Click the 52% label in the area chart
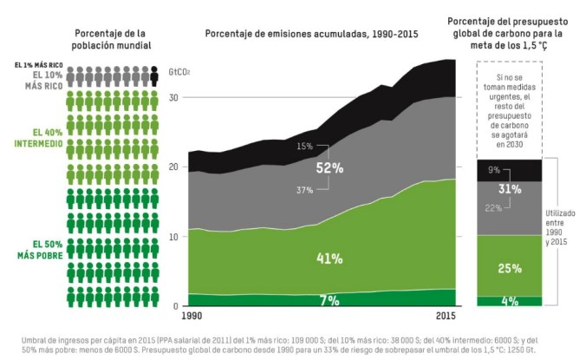(x=330, y=168)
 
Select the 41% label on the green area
(x=330, y=259)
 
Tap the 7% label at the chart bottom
(x=330, y=300)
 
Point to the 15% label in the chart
(x=304, y=146)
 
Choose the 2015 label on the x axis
(x=446, y=316)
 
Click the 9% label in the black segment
(x=494, y=170)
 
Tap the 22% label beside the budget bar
(x=494, y=208)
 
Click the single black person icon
(x=153, y=77)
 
